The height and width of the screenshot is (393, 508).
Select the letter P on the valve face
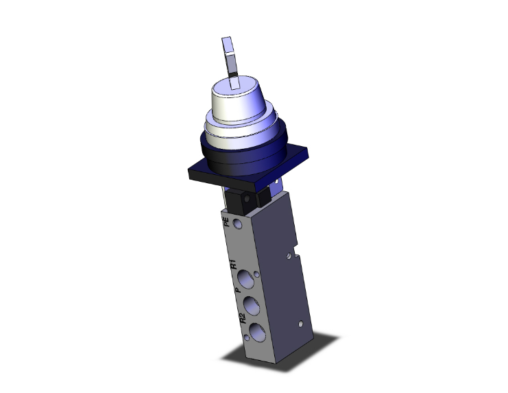pyautogui.click(x=237, y=291)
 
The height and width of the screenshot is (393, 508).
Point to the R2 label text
pyautogui.click(x=241, y=318)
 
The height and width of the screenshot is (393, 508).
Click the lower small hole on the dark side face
pyautogui.click(x=300, y=323)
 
